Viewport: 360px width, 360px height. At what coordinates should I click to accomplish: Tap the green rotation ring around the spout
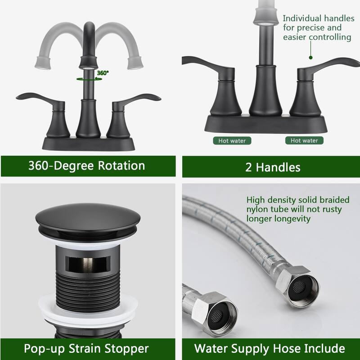pos(89,78)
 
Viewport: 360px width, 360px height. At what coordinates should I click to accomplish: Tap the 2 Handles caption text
pos(273,167)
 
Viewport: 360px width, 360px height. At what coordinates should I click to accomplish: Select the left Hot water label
pos(232,141)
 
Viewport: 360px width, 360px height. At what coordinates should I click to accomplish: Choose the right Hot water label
pos(304,141)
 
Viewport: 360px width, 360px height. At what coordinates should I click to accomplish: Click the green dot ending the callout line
pos(310,57)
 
